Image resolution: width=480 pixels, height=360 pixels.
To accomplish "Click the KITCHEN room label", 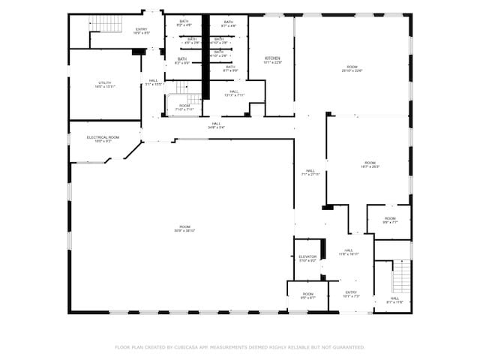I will pyautogui.click(x=271, y=58).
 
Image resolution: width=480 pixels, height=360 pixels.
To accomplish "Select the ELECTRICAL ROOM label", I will pyautogui.click(x=103, y=137).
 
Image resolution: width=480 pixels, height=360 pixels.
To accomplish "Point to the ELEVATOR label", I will pyautogui.click(x=307, y=256).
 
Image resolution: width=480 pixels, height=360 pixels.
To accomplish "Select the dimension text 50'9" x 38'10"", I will pyautogui.click(x=184, y=230).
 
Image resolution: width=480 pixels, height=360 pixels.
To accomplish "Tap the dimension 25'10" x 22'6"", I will pyautogui.click(x=352, y=71).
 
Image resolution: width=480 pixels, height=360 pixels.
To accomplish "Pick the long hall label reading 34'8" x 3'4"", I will pyautogui.click(x=216, y=127).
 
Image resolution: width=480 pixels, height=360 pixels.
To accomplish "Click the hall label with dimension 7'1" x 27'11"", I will pyautogui.click(x=310, y=174).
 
